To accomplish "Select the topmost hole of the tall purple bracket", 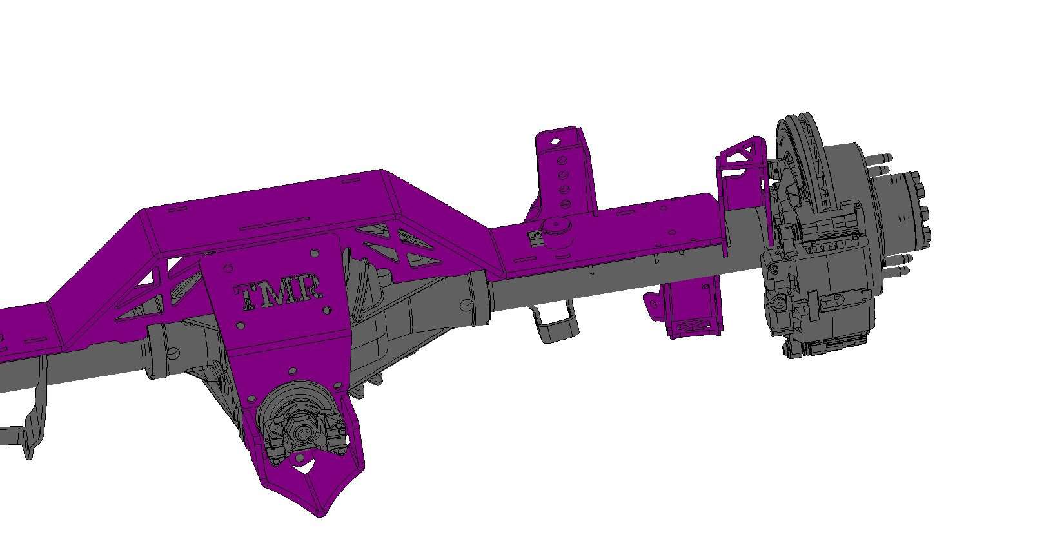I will (555, 140).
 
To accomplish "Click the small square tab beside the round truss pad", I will (535, 239).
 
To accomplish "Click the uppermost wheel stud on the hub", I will (881, 157).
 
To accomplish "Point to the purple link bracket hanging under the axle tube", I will (693, 309).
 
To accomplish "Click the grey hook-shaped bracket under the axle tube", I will (555, 326).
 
